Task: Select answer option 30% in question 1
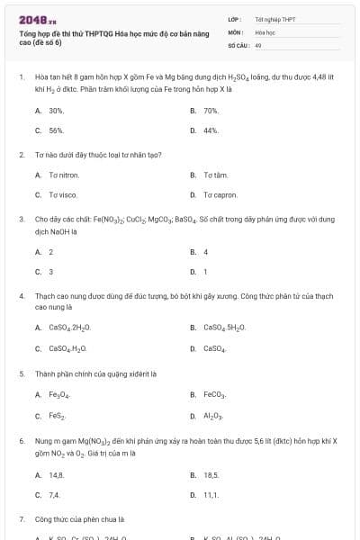coord(56,111)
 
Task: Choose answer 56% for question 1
coord(56,130)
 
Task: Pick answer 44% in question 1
coord(211,130)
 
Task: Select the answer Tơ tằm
coord(215,175)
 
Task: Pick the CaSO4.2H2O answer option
coord(69,328)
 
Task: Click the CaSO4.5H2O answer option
coord(225,328)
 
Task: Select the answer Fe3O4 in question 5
coord(59,394)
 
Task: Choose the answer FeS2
coord(58,415)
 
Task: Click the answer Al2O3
coord(212,415)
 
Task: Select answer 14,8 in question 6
coord(56,474)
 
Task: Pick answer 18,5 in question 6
coord(211,474)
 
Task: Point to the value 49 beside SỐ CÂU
coord(258,44)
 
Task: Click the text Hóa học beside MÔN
coord(265,31)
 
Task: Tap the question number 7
coord(22,519)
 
